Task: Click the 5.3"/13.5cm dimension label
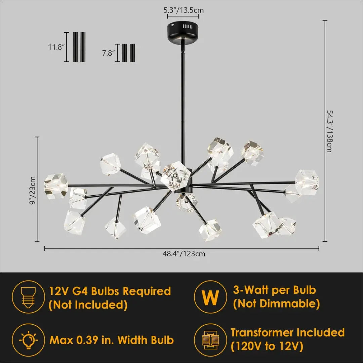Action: point(184,10)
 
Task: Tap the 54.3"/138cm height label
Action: point(329,131)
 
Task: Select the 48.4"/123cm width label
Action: point(184,254)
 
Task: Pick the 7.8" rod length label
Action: point(109,53)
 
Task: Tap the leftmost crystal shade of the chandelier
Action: point(56,186)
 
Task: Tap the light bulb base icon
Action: point(28,297)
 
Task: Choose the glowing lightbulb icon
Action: point(28,340)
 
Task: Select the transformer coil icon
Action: point(210,340)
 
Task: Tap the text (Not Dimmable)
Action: point(276,304)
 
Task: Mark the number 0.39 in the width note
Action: point(101,340)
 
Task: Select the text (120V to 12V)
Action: point(267,346)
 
